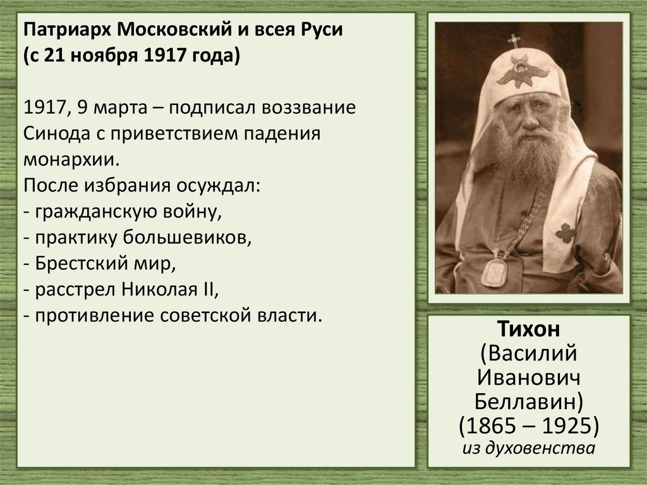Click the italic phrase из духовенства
pyautogui.click(x=529, y=449)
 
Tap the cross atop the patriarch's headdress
pyautogui.click(x=514, y=40)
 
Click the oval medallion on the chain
pyautogui.click(x=493, y=273)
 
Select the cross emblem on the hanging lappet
pyautogui.click(x=565, y=233)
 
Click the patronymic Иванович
pyautogui.click(x=528, y=377)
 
